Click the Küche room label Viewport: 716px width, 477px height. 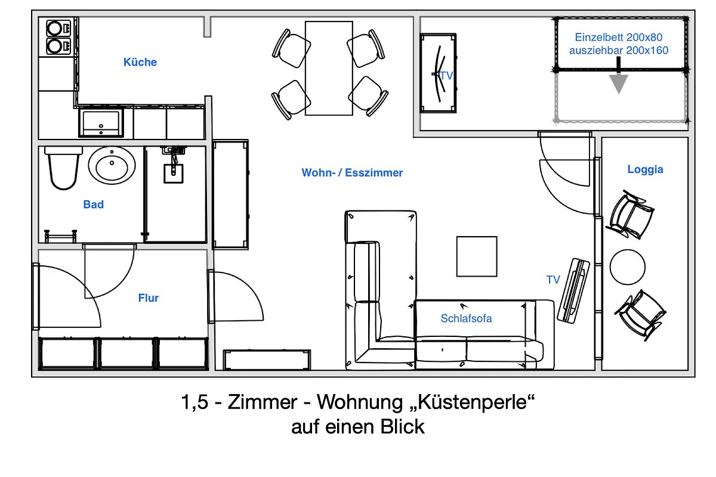pos(140,62)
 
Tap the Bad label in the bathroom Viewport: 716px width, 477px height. pos(93,205)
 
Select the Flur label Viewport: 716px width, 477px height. pos(149,298)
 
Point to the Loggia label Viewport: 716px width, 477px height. pos(645,169)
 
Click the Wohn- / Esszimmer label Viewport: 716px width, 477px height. pos(352,173)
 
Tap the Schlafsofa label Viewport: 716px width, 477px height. pos(466,318)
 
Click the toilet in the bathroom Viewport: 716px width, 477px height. pos(63,168)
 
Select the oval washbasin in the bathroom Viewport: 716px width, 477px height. pos(112,165)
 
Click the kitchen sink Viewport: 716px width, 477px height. pos(101,123)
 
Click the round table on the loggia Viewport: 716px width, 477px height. pos(627,267)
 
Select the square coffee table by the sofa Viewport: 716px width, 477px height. pos(477,256)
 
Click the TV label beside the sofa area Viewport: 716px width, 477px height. pos(553,280)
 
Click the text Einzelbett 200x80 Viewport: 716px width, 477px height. pos(619,38)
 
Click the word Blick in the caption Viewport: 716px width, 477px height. pos(402,427)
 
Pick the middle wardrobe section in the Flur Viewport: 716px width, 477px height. pos(126,354)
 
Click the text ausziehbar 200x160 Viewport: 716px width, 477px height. pos(619,51)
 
